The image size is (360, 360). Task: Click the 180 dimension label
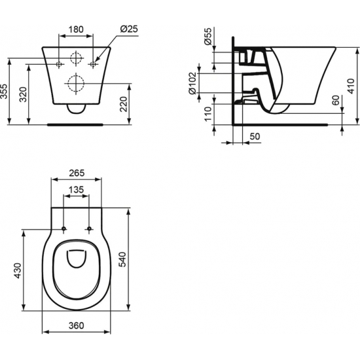tap(77, 29)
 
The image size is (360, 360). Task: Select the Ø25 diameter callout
tap(128, 29)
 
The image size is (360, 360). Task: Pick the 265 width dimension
tap(77, 173)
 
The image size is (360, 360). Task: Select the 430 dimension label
tap(18, 270)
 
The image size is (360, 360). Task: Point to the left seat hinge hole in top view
tap(64, 228)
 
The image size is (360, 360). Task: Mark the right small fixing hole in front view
tap(95, 64)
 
